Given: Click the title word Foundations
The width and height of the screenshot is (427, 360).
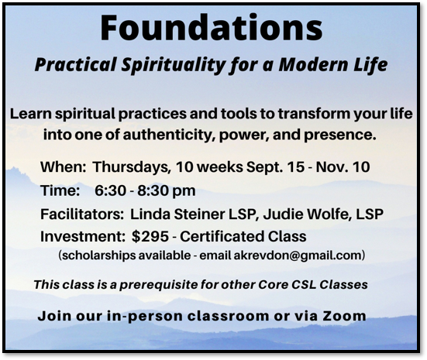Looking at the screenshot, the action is pyautogui.click(x=212, y=27).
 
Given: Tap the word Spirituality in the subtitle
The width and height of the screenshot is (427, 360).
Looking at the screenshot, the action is pyautogui.click(x=173, y=65).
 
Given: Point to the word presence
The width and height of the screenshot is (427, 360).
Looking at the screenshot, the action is pyautogui.click(x=340, y=135).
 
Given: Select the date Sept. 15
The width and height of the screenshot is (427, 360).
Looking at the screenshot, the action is pyautogui.click(x=275, y=166).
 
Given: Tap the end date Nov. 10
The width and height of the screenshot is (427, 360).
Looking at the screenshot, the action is pyautogui.click(x=343, y=166).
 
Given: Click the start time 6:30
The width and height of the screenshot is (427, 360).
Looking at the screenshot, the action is pyautogui.click(x=110, y=190).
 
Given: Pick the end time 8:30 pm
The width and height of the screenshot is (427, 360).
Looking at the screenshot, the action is pyautogui.click(x=167, y=190).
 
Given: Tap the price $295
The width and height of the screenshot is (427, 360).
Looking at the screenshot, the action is pyautogui.click(x=150, y=236).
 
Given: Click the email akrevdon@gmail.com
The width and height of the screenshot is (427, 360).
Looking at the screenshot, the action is pyautogui.click(x=298, y=255).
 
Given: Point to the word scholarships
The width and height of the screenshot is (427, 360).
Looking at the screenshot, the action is pyautogui.click(x=99, y=255).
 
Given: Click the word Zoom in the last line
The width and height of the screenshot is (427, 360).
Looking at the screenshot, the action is pyautogui.click(x=345, y=316).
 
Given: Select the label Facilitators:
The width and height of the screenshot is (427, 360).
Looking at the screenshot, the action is pyautogui.click(x=82, y=214).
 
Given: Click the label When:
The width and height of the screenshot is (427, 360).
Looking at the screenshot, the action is pyautogui.click(x=64, y=166).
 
